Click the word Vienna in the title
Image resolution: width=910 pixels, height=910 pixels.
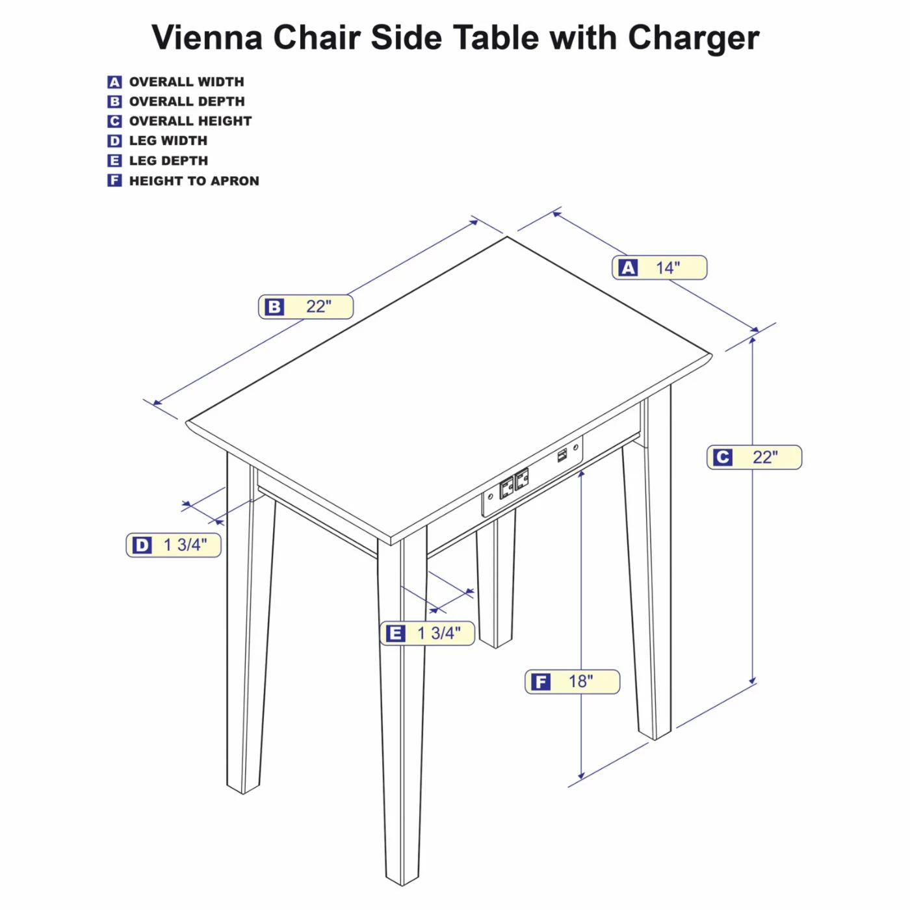point(207,37)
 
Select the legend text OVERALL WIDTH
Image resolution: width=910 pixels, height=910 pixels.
point(187,82)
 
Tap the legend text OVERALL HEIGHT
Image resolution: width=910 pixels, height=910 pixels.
point(190,121)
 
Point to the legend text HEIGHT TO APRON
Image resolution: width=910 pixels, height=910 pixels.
point(194,181)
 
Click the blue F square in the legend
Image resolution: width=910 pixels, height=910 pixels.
point(114,181)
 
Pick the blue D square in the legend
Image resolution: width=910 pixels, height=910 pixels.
point(114,141)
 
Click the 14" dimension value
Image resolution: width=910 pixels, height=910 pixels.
point(668,268)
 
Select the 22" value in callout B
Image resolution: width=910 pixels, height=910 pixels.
point(318,307)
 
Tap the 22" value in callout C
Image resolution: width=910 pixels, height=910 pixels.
point(765,457)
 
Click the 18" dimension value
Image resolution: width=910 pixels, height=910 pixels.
point(580,681)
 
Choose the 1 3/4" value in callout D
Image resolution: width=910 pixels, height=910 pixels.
point(185,545)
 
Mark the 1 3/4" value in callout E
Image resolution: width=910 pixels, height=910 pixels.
point(439,633)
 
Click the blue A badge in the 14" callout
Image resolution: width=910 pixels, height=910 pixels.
point(628,268)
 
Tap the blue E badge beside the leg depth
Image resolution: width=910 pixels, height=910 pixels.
point(395,633)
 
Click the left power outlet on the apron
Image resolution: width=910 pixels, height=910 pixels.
point(507,487)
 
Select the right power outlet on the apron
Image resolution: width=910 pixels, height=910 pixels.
point(521,479)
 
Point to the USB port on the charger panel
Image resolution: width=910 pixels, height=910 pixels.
point(562,456)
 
